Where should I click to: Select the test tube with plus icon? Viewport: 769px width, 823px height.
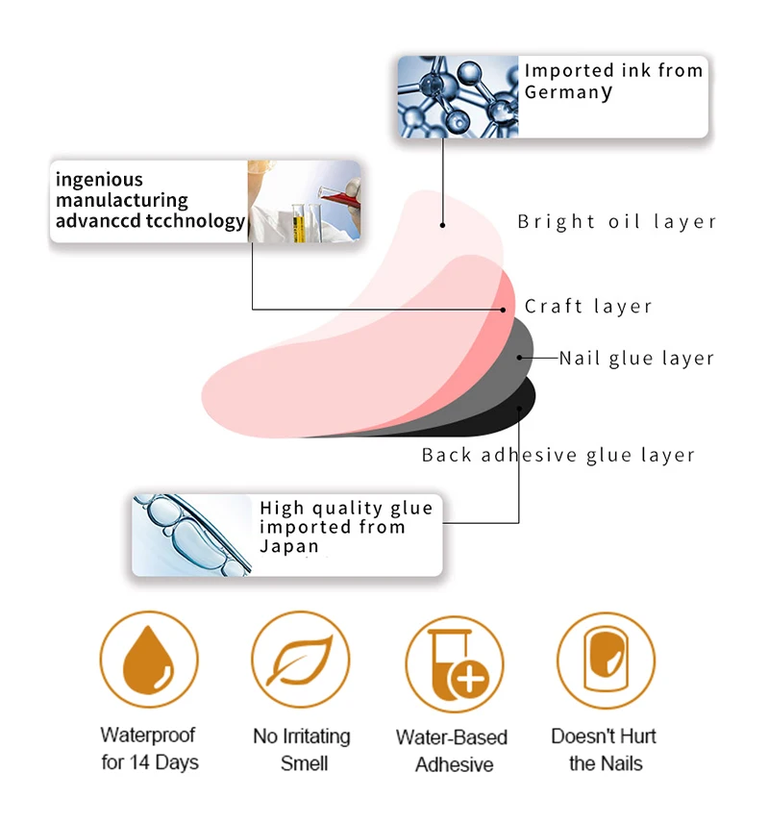[454, 663]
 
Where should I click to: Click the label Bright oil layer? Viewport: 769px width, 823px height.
[617, 222]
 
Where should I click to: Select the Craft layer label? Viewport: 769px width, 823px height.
[588, 307]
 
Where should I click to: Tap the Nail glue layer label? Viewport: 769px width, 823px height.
[636, 359]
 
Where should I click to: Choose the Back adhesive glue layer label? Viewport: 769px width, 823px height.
[558, 455]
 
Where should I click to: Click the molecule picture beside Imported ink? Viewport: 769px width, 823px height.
[459, 96]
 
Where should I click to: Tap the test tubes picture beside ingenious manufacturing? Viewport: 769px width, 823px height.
[304, 200]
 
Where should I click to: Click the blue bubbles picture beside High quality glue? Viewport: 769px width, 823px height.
[192, 535]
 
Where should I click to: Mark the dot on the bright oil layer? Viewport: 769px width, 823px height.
[443, 225]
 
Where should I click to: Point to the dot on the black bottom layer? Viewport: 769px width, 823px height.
[519, 409]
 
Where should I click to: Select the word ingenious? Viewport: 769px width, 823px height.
[99, 180]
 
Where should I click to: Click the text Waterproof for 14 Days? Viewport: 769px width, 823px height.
[149, 749]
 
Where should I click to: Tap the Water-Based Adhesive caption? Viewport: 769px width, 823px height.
[452, 751]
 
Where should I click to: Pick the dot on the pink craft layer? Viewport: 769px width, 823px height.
[503, 310]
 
